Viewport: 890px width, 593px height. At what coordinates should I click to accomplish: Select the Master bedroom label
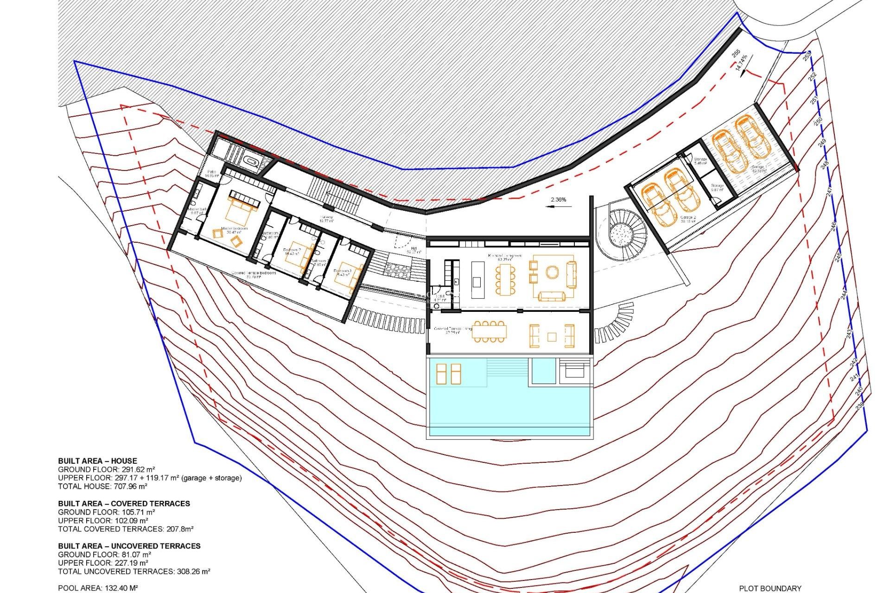point(234,228)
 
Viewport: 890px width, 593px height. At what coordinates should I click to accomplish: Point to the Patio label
point(212,172)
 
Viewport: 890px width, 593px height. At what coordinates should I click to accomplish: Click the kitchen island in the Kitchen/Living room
point(477,280)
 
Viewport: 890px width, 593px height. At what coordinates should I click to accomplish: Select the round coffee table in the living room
point(552,272)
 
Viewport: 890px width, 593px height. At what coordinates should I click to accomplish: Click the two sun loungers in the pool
point(448,374)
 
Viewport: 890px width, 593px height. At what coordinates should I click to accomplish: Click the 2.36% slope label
point(558,200)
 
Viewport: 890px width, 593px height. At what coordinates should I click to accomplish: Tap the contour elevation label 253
point(807,56)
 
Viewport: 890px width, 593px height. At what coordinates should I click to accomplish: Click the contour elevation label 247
point(829,190)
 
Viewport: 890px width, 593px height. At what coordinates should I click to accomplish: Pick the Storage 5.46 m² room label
point(700,161)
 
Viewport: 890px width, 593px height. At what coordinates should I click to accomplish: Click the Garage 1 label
point(759,167)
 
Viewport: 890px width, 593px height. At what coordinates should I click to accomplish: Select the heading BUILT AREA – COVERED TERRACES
point(124,504)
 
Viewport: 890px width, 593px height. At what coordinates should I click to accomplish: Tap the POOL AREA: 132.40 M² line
point(98,588)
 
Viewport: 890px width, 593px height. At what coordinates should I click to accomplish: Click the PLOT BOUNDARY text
point(770,588)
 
